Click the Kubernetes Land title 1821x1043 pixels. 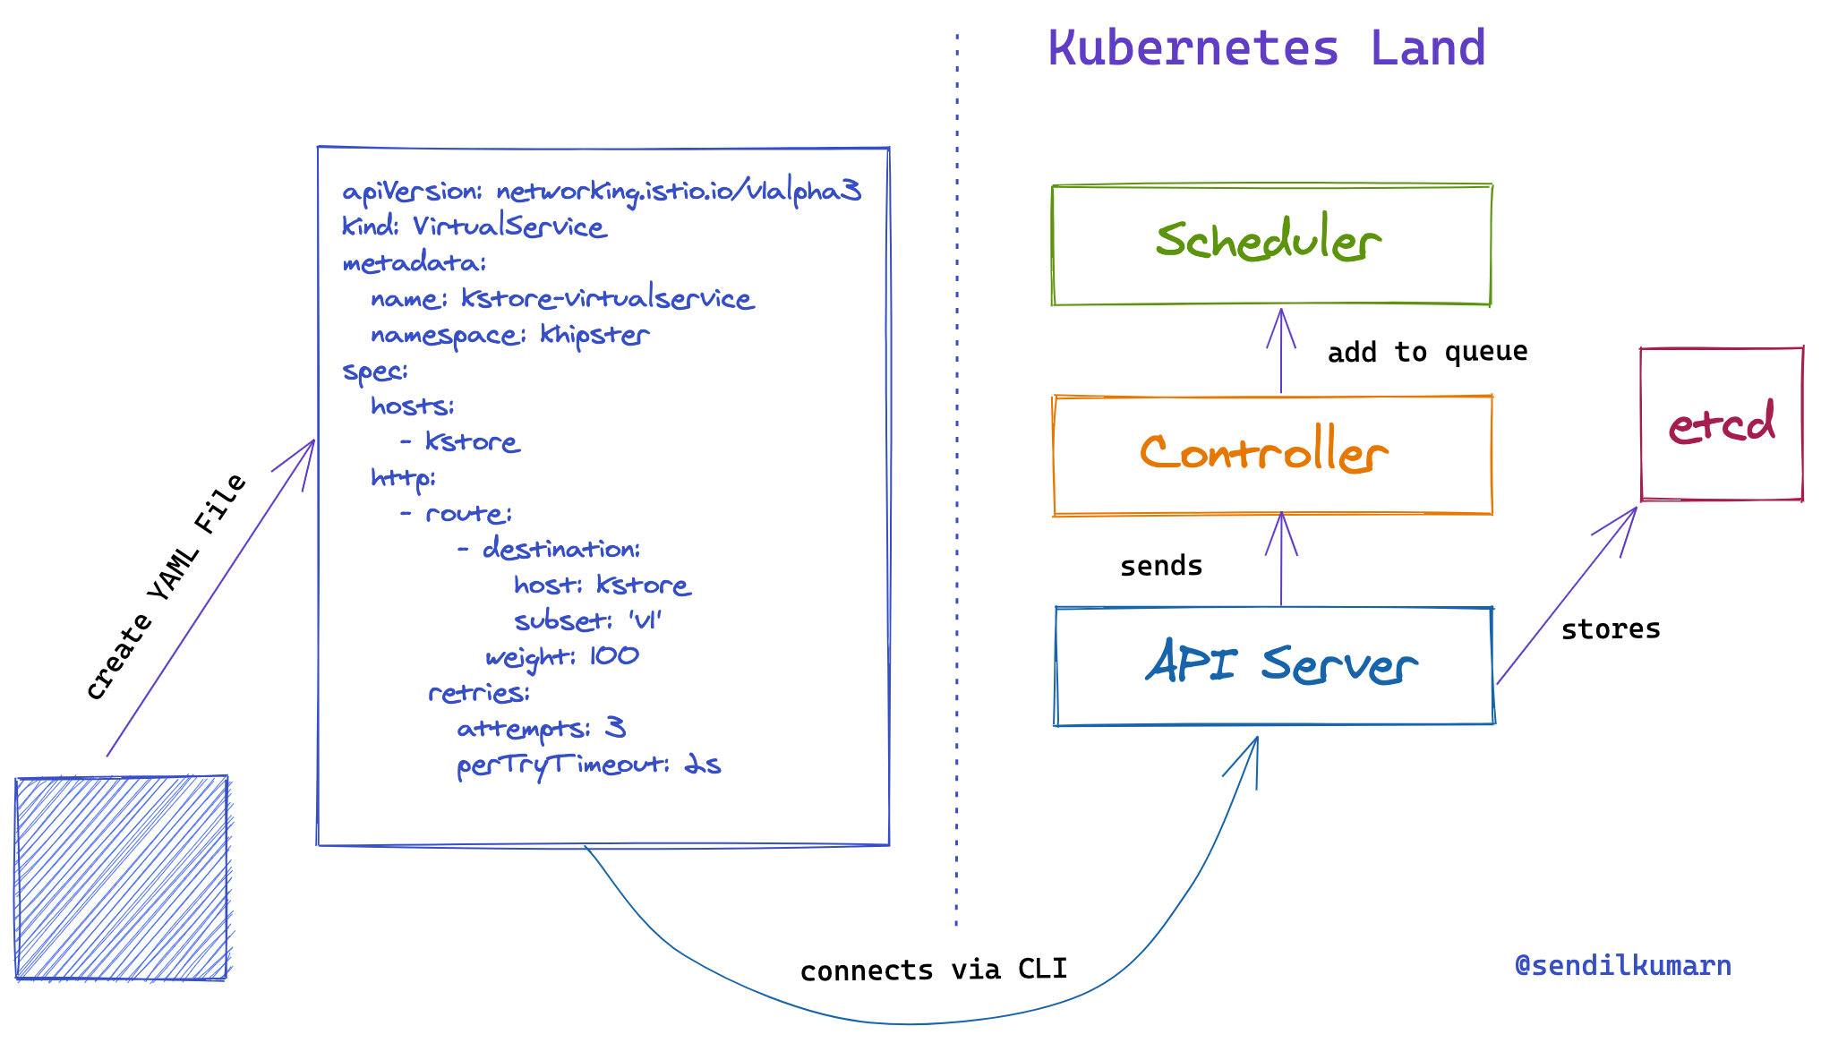point(1266,48)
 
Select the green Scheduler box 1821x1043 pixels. point(1270,244)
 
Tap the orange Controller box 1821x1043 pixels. point(1271,455)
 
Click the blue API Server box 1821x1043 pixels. point(1275,666)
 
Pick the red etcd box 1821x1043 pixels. point(1721,423)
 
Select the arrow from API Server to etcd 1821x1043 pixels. point(1567,595)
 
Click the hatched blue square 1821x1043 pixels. point(122,877)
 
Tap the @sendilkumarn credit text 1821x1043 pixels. point(1622,965)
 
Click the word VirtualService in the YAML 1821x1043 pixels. point(509,227)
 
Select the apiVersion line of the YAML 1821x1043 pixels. point(600,192)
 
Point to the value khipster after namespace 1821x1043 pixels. point(594,335)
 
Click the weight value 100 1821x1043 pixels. point(614,655)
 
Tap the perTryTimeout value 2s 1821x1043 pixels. point(703,764)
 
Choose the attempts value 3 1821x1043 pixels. point(615,727)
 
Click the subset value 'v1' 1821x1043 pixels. point(645,620)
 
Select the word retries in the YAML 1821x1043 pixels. point(478,692)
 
